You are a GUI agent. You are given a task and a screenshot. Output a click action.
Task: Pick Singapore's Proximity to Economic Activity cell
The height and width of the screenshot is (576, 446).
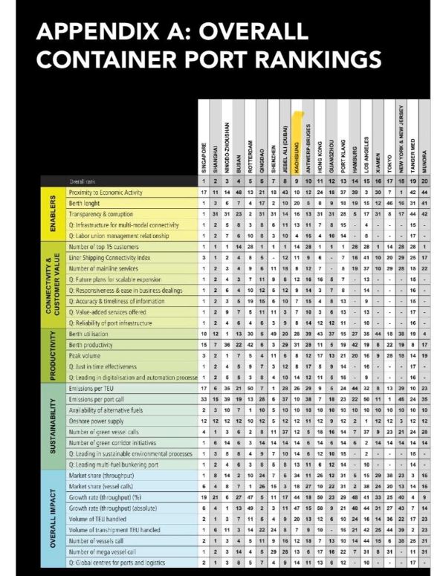[204, 192]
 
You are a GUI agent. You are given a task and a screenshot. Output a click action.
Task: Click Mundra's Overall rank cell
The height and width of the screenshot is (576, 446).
[424, 181]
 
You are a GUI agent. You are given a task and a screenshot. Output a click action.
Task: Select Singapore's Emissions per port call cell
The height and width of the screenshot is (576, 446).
[204, 399]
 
